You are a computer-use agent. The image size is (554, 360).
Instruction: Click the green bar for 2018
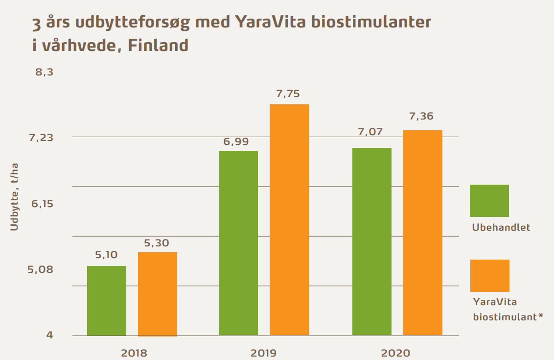[107, 301]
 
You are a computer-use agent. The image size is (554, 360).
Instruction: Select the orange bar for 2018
[158, 294]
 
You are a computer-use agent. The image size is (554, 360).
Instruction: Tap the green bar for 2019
[238, 243]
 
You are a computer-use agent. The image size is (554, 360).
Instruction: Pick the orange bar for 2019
[289, 220]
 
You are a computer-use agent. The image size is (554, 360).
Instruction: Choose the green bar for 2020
[372, 241]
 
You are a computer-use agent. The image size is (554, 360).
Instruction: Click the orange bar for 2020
[423, 233]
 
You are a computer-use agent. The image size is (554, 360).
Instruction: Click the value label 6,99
[236, 142]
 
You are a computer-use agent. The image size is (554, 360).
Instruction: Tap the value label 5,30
[157, 243]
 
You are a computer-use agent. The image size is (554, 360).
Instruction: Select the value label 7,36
[421, 117]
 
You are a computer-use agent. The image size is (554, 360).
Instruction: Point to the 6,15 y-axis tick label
[42, 204]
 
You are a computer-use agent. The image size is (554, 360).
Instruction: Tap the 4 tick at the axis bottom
[49, 336]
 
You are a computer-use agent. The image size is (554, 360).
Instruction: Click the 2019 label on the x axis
[263, 352]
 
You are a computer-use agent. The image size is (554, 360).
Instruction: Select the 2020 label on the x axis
[396, 352]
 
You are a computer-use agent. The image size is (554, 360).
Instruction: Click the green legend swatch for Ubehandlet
[489, 201]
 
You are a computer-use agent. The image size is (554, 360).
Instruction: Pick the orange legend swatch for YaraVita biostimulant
[489, 276]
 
